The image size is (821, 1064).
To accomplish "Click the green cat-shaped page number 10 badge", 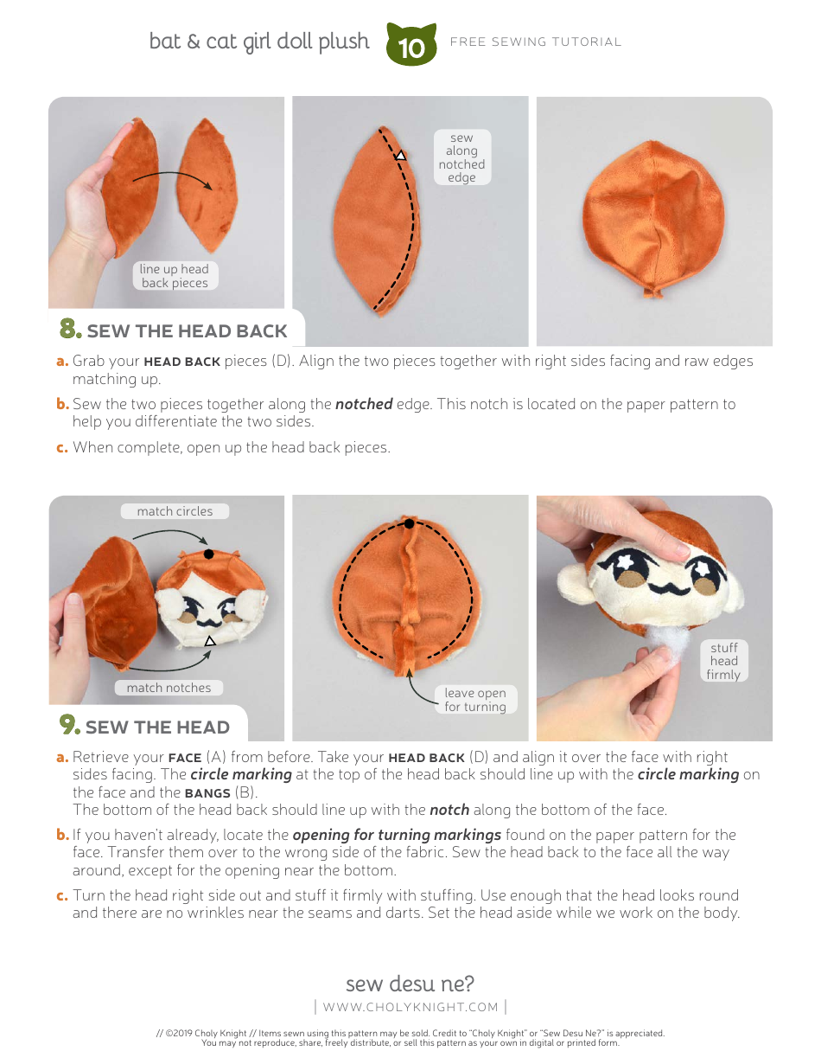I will pos(412,46).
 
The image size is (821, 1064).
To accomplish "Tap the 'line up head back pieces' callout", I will pos(175,276).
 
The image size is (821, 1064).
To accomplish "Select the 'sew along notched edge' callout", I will pos(461,157).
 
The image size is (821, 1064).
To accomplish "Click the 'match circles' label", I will pos(175,511).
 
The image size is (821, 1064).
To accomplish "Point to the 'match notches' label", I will pos(169,688).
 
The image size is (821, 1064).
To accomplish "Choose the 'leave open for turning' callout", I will pos(475,700).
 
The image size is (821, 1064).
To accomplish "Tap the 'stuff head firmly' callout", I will pos(724,661).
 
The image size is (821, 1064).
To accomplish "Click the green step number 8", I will pos(70,330).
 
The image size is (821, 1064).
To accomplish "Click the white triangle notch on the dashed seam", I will pos(401,156).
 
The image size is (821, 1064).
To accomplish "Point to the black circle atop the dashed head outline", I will pos(409,523).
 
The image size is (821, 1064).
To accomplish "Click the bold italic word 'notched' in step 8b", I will pos(364,404).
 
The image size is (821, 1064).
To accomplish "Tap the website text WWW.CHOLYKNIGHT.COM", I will pos(410,1007).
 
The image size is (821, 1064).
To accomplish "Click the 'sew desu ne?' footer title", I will pos(410,984).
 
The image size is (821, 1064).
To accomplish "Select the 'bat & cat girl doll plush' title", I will pos(259,42).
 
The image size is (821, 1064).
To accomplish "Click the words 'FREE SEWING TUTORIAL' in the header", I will pos(536,42).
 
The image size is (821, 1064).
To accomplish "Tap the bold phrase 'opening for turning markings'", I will pos(397,835).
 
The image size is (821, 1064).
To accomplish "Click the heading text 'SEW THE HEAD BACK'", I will pos(187,331).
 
